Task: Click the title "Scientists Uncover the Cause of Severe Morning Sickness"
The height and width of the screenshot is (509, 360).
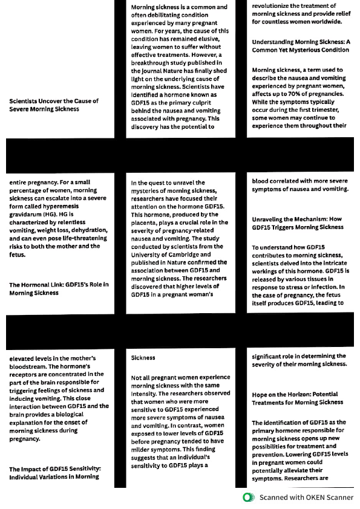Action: [x=53, y=105]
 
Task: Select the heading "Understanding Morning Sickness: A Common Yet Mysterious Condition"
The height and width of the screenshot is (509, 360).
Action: [x=300, y=46]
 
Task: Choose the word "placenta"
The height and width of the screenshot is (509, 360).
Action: [x=145, y=222]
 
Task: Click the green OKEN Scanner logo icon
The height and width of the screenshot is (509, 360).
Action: [x=247, y=498]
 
